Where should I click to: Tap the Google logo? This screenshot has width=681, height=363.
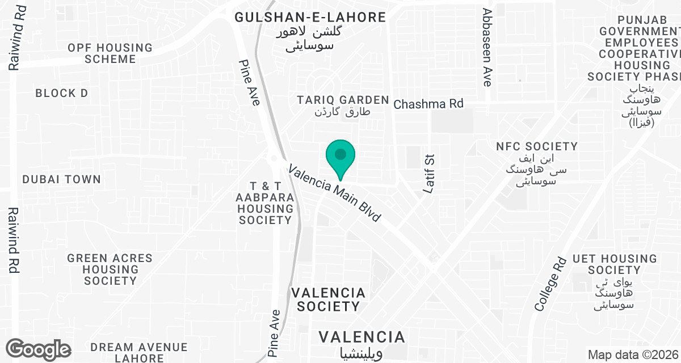click(38, 349)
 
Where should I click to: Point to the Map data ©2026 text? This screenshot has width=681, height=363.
click(633, 355)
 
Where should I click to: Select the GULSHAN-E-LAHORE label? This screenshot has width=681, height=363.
click(310, 18)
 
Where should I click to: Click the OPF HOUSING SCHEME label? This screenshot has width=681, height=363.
click(110, 53)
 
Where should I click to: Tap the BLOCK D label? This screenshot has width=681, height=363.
click(62, 93)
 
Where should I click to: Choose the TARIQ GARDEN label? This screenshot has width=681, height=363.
click(343, 100)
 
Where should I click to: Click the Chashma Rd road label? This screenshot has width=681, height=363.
click(428, 104)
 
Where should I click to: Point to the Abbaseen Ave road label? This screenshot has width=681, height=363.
click(487, 48)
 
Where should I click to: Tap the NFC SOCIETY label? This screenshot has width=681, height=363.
click(537, 146)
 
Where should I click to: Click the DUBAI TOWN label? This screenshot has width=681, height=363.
click(61, 179)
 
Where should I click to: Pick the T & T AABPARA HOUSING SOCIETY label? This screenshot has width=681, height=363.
click(266, 203)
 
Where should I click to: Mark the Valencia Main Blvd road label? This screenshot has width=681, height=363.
click(334, 193)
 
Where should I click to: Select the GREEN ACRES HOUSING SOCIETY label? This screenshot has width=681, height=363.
click(110, 269)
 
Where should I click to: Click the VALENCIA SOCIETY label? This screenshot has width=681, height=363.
click(328, 299)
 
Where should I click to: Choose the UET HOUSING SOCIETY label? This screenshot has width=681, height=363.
click(614, 264)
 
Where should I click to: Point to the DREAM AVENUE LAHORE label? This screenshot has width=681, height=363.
click(139, 352)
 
